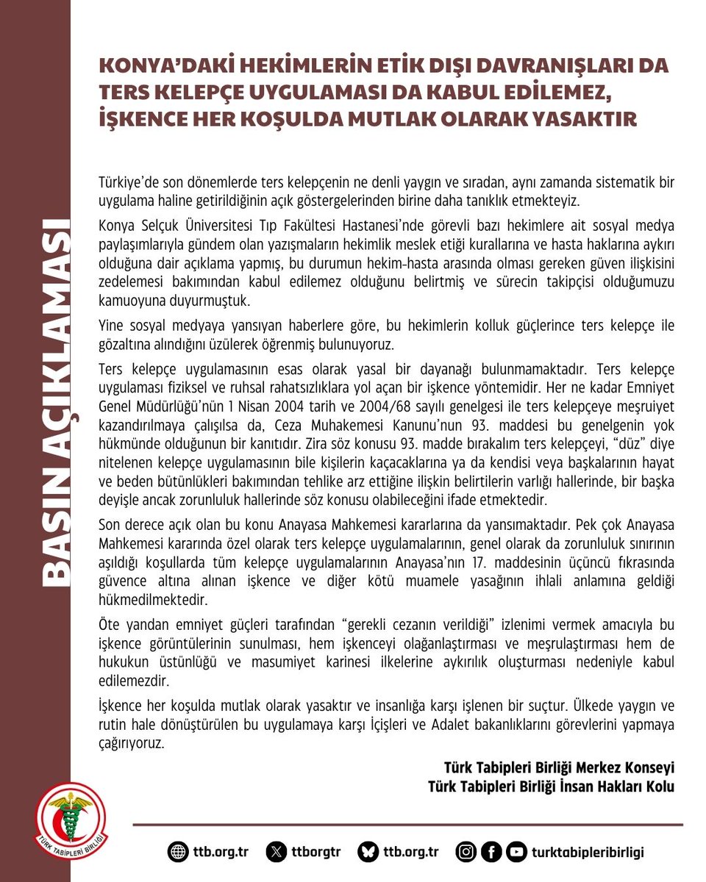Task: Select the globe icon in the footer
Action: pos(178,852)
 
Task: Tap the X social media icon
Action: pos(276,852)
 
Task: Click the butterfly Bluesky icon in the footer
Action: pos(367,852)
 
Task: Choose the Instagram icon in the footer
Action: pos(466,852)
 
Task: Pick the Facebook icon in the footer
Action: pos(491,852)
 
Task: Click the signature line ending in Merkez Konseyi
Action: pos(559,767)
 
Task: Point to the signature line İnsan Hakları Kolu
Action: pos(551,786)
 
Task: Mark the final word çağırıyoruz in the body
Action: pos(132,742)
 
